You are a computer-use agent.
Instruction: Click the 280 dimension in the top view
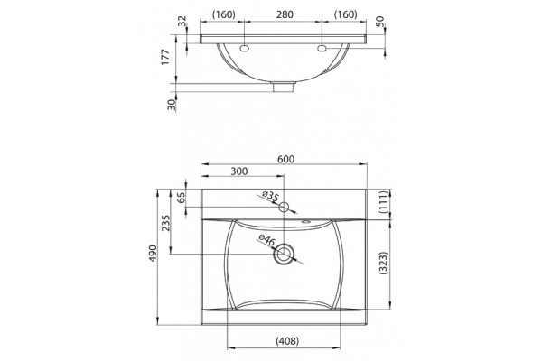point(285,14)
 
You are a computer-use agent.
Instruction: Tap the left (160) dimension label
point(224,14)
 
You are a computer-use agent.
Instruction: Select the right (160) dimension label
point(345,14)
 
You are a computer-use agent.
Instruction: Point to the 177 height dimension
point(165,57)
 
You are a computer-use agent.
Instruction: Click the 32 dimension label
point(182,22)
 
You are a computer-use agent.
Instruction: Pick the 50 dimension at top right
point(379,22)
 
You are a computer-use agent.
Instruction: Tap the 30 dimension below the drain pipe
point(172,104)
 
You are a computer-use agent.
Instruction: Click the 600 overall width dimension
point(285,159)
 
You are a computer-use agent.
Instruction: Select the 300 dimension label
point(238,171)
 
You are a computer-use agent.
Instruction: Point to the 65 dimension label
point(182,198)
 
